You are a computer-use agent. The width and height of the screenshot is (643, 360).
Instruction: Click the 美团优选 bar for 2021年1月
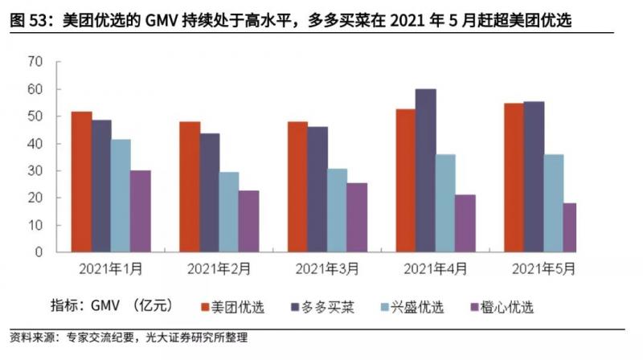[81, 182]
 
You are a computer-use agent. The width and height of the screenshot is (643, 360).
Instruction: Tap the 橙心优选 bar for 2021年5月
[570, 227]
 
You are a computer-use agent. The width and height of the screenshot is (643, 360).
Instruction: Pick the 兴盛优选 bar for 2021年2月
[229, 211]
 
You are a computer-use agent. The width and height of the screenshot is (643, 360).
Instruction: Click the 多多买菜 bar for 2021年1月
[101, 186]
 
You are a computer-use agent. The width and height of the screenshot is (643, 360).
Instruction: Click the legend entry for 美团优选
[238, 306]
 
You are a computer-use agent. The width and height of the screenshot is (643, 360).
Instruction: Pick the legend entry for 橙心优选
[506, 306]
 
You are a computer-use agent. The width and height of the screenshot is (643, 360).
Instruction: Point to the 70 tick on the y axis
[35, 62]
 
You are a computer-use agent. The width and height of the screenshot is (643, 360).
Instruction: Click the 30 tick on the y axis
[35, 170]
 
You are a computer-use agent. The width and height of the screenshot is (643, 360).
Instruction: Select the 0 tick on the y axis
[38, 252]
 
